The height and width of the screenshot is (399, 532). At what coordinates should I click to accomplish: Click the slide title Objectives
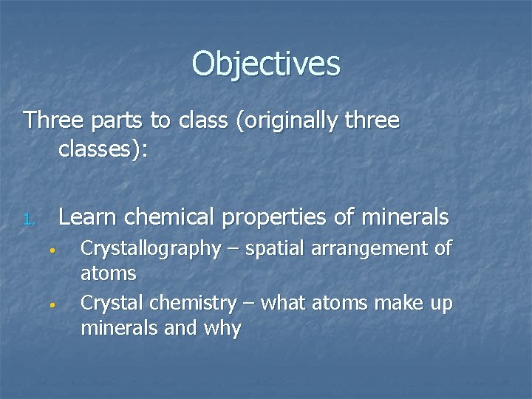(266, 64)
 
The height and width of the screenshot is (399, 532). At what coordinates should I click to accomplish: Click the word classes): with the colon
(103, 150)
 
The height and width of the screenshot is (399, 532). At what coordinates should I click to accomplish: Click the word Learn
(89, 217)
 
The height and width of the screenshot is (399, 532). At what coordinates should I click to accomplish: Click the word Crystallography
(150, 249)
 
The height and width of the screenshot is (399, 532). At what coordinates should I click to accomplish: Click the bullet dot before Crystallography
(54, 249)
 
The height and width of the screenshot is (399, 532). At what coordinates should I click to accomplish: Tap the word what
(287, 304)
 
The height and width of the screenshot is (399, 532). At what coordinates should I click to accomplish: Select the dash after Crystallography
(233, 249)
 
